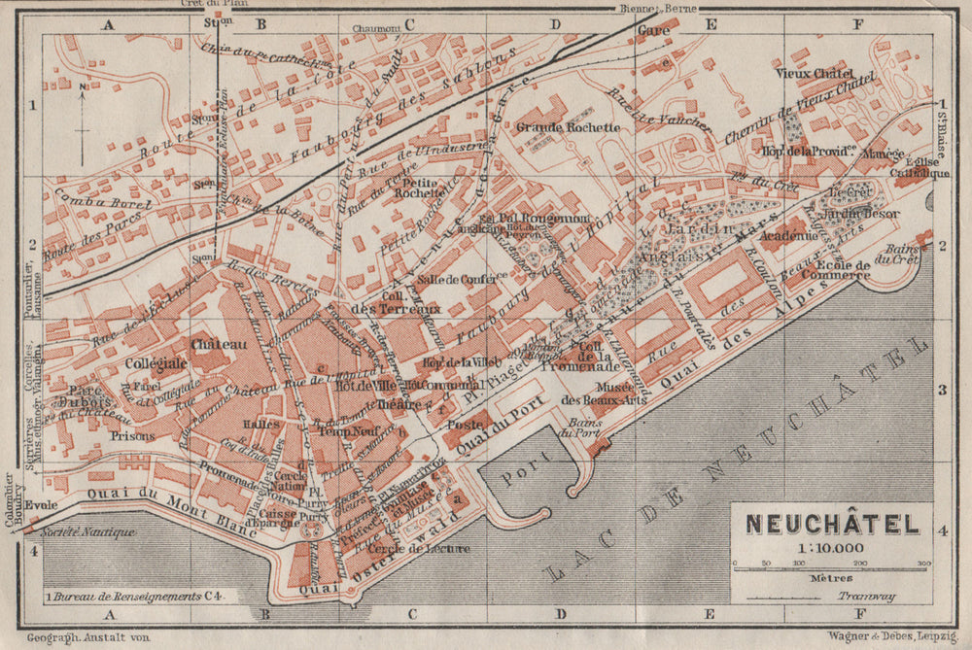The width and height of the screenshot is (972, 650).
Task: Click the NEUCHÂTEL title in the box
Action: point(832,525)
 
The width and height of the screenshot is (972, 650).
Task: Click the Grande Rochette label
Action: point(568,127)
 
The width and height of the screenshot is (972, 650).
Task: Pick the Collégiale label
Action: point(156,362)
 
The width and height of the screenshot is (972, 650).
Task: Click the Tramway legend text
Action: point(871,596)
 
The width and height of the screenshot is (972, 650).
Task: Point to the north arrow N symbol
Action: point(84,89)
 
